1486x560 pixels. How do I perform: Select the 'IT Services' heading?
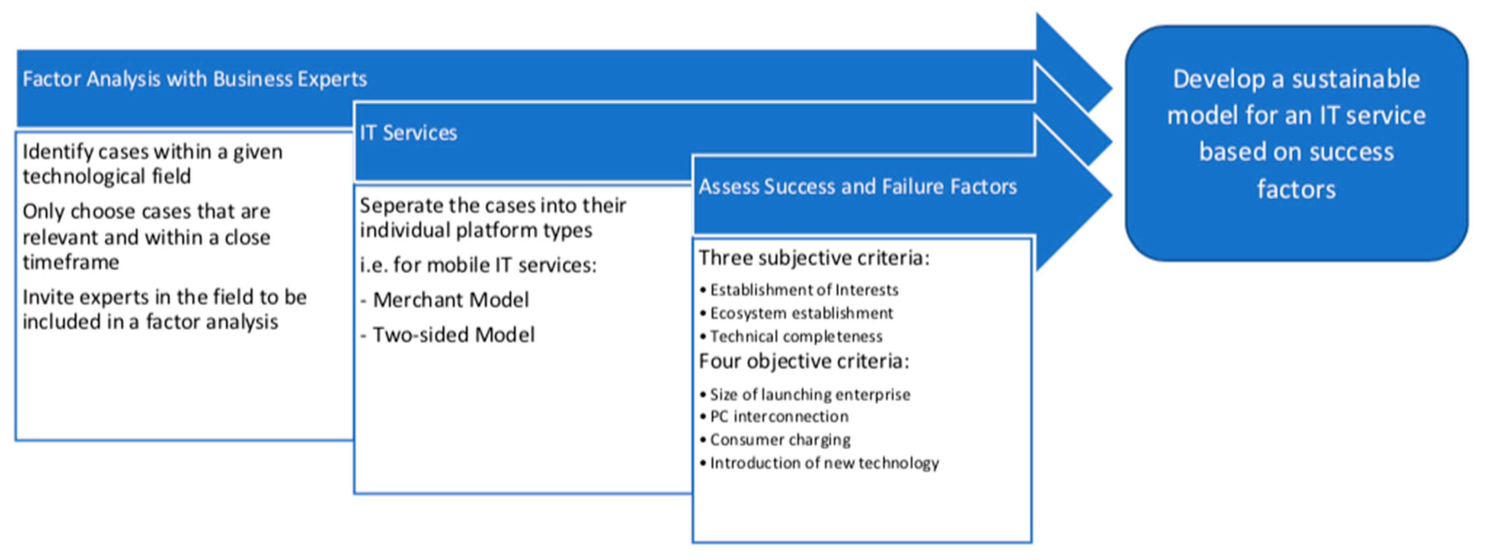point(408,133)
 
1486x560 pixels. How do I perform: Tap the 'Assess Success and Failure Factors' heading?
point(858,186)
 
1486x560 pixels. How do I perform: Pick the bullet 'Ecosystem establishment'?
point(796,313)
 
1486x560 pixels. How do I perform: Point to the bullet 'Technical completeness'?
point(791,336)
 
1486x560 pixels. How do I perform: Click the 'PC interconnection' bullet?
point(774,416)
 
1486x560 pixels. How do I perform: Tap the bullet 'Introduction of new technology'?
point(819,463)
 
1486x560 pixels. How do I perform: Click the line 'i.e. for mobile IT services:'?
point(478,265)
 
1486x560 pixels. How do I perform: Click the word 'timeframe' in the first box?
point(71,262)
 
